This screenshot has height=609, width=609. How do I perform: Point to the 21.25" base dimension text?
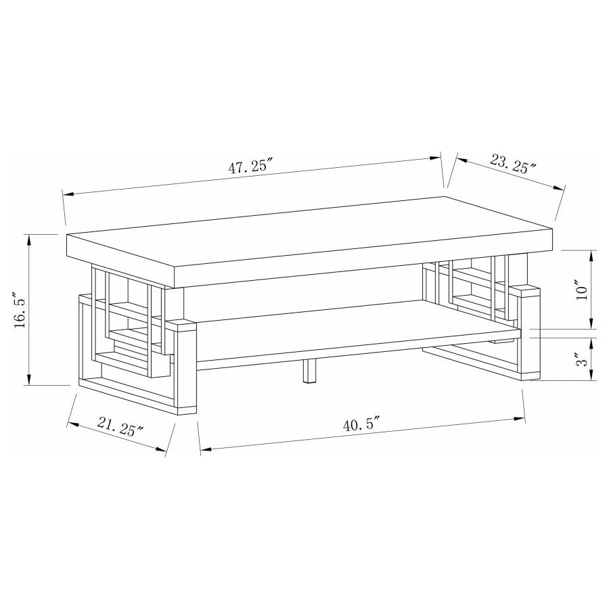pyautogui.click(x=120, y=428)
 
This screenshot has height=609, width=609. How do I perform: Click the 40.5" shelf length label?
pyautogui.click(x=361, y=426)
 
